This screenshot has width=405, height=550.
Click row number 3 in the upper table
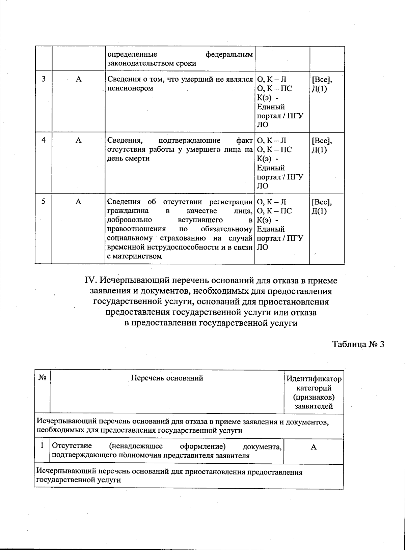tap(44, 79)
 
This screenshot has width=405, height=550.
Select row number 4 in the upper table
tap(44, 140)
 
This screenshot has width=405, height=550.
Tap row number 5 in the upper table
tap(44, 201)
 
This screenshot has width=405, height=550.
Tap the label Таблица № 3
tap(358, 344)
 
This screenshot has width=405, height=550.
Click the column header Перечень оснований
tap(167, 378)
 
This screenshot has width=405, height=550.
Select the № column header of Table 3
tap(42, 378)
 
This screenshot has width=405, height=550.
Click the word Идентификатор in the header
tap(314, 379)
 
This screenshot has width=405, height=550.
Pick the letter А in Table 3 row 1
tap(314, 447)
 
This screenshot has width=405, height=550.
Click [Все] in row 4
tap(322, 140)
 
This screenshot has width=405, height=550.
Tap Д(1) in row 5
tap(320, 211)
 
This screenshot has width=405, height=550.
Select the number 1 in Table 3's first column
tap(42, 445)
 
